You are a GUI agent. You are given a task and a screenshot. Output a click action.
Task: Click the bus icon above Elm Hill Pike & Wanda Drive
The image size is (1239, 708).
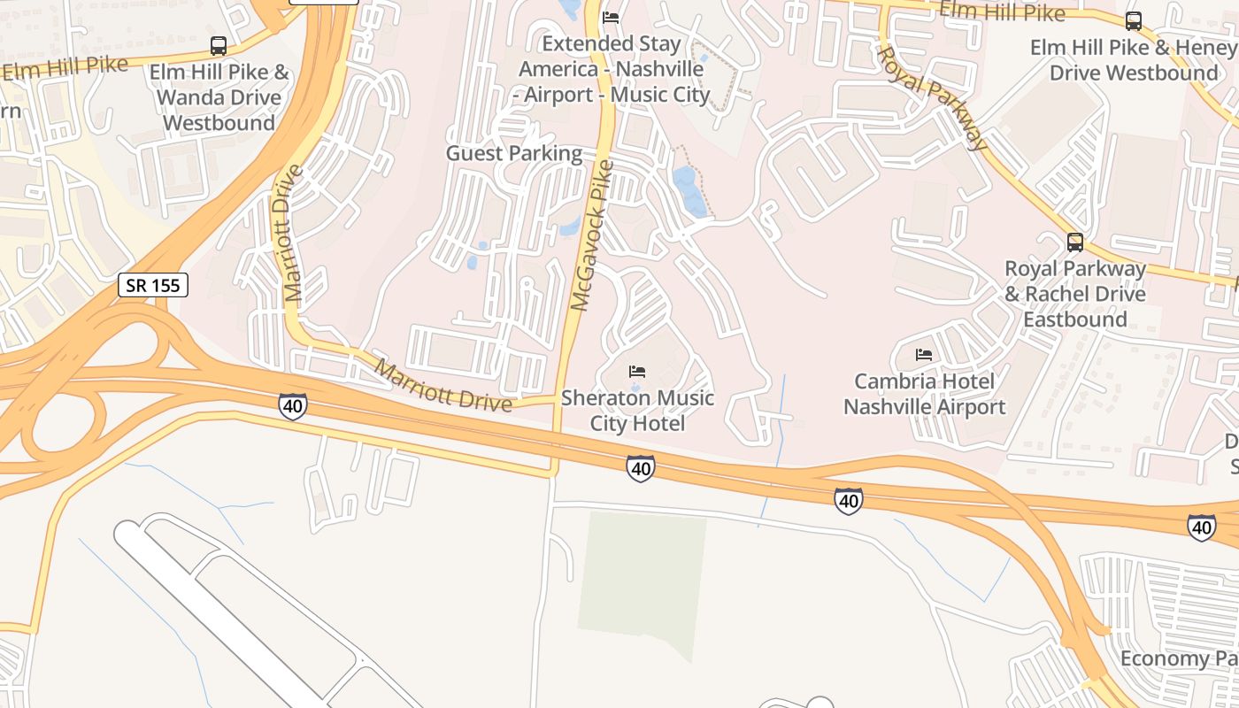coord(218,46)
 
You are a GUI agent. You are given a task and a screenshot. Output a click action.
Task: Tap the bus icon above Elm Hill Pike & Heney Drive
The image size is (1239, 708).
coord(1133,21)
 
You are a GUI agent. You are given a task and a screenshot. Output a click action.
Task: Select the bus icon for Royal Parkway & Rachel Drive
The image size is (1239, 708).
coord(1074,242)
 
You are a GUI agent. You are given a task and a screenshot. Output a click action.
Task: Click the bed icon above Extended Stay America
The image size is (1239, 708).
coord(611,17)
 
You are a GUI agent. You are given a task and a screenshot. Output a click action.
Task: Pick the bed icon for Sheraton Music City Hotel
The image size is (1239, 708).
coord(637,371)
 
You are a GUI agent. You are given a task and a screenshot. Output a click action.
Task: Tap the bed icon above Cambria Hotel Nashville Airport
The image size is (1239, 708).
coord(924,355)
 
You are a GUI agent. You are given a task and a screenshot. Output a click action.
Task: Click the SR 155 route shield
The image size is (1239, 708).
coord(153,285)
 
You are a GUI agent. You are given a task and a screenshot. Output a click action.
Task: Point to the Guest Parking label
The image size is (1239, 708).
coord(513,153)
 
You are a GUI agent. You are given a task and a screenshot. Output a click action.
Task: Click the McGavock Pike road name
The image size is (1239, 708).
coord(591,235)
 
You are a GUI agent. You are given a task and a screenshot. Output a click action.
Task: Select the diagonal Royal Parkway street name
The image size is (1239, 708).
coord(931,97)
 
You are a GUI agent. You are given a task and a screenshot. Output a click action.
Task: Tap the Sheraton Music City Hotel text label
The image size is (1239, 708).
coord(637,411)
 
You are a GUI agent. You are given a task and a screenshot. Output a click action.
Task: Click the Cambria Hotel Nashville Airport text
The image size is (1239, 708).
coord(924,394)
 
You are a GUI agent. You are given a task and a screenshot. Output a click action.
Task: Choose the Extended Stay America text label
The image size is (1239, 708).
coord(612,69)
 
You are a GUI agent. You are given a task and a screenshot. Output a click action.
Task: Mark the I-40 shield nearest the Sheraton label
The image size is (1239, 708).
coord(641,468)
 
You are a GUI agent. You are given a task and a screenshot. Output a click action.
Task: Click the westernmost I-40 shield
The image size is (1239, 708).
coord(293,406)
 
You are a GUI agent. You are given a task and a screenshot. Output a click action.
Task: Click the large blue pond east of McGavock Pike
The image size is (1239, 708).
coord(690,191)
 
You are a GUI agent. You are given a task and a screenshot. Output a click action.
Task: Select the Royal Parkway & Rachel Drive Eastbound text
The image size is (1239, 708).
coord(1074,293)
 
